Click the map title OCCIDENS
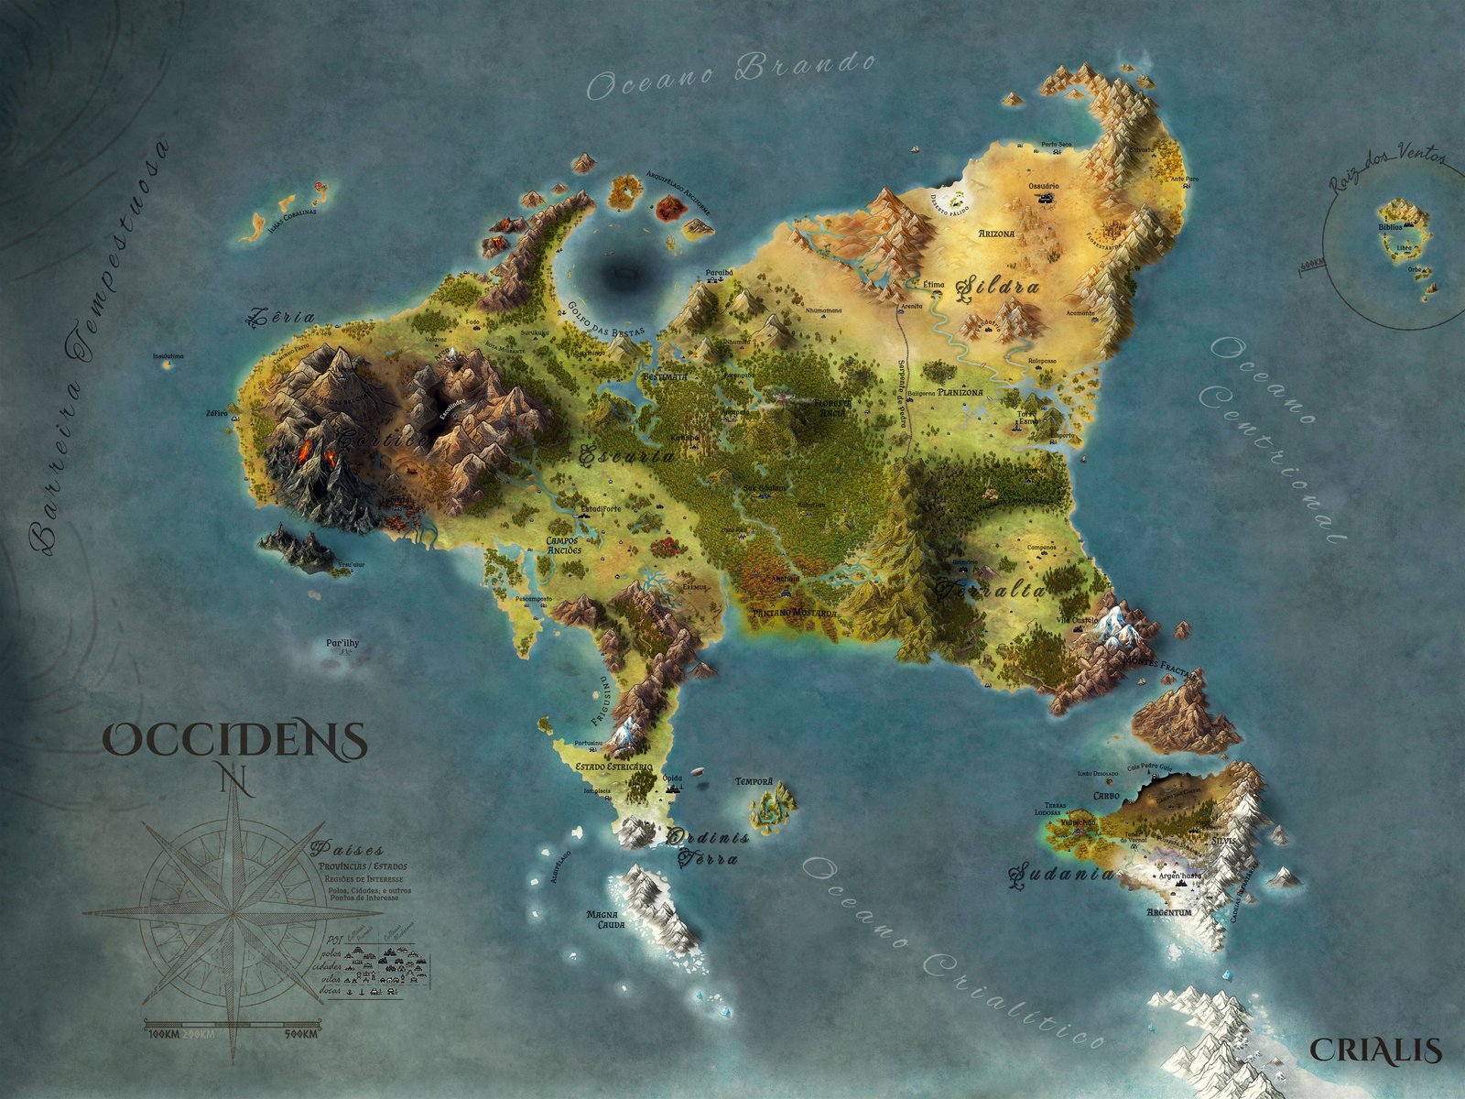pos(234,739)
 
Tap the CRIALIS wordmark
pos(1375,1050)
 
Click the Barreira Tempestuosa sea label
pos(98,348)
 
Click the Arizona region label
pos(996,234)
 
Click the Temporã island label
pos(754,782)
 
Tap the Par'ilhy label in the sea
pos(342,643)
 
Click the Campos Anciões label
pos(563,545)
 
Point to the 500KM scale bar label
pos(300,1035)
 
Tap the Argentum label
pos(1168,913)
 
